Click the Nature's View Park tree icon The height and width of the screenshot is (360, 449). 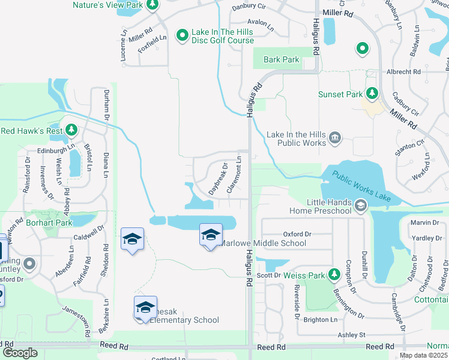click(152, 5)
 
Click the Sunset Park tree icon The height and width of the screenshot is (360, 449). click(372, 94)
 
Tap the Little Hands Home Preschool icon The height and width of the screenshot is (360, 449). click(361, 207)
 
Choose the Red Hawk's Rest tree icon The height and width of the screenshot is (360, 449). click(71, 130)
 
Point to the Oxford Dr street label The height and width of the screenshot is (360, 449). click(297, 234)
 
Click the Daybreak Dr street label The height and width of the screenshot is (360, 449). click(218, 178)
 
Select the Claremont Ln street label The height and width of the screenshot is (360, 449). click(234, 175)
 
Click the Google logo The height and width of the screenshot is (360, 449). click(20, 353)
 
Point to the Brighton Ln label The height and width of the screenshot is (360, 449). click(320, 320)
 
